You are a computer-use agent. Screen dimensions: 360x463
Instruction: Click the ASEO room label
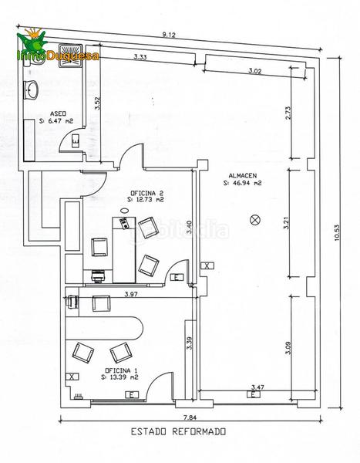pyautogui.click(x=58, y=113)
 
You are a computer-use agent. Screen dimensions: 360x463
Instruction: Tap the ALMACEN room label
pyautogui.click(x=243, y=176)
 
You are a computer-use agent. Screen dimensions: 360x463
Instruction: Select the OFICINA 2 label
pyautogui.click(x=147, y=193)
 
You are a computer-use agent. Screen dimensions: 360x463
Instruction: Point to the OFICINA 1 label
pyautogui.click(x=121, y=370)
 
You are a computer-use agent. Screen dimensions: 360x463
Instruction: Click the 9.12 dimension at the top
pyautogui.click(x=169, y=35)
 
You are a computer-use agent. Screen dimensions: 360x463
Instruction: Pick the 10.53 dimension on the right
pyautogui.click(x=338, y=233)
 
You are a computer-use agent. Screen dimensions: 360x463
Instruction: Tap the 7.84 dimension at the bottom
pyautogui.click(x=190, y=417)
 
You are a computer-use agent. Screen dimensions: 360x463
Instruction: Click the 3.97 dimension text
pyautogui.click(x=131, y=294)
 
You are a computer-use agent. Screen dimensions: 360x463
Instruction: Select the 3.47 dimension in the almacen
pyautogui.click(x=257, y=387)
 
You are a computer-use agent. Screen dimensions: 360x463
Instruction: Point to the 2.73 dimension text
pyautogui.click(x=288, y=113)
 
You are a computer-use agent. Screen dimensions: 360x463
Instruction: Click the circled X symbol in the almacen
pyautogui.click(x=254, y=220)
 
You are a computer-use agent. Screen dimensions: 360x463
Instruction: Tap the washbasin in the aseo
pyautogui.click(x=31, y=90)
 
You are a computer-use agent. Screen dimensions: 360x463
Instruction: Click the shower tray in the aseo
pyautogui.click(x=70, y=56)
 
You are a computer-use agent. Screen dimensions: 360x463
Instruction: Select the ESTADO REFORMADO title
pyautogui.click(x=179, y=431)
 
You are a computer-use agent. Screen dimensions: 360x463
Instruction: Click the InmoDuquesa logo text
pyautogui.click(x=58, y=56)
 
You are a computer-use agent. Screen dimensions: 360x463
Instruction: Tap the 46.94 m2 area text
pyautogui.click(x=243, y=183)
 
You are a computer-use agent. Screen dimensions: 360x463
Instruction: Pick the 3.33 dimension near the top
pyautogui.click(x=140, y=56)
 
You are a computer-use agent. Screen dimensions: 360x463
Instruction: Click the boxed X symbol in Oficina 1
pyautogui.click(x=72, y=377)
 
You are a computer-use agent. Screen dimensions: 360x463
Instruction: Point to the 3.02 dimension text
pyautogui.click(x=254, y=71)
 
